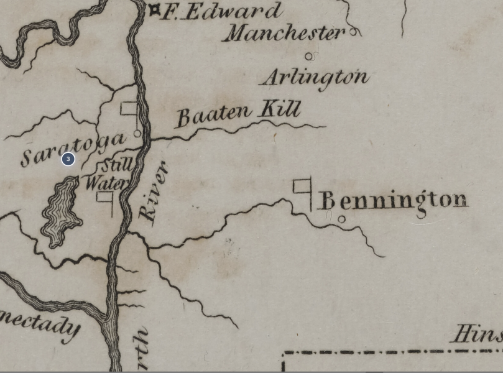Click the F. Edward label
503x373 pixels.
pyautogui.click(x=221, y=11)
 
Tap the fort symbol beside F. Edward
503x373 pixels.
pyautogui.click(x=154, y=9)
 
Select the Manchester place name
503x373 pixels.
pyautogui.click(x=284, y=32)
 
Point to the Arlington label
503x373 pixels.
pyautogui.click(x=315, y=77)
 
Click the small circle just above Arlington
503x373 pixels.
pyautogui.click(x=308, y=57)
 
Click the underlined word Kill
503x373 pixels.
pyautogui.click(x=280, y=110)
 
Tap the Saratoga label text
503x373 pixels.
pyautogui.click(x=72, y=149)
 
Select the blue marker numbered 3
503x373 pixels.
pyautogui.click(x=68, y=159)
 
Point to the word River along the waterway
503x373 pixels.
pyautogui.click(x=152, y=191)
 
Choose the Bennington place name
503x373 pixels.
pyautogui.click(x=393, y=200)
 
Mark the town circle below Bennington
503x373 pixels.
pyautogui.click(x=341, y=219)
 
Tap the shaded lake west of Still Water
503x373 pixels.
pyautogui.click(x=61, y=211)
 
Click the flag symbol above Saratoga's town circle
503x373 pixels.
pyautogui.click(x=130, y=110)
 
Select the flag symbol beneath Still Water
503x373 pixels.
pyautogui.click(x=105, y=200)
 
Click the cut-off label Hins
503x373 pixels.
pyautogui.click(x=478, y=334)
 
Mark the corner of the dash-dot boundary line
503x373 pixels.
pyautogui.click(x=284, y=354)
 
